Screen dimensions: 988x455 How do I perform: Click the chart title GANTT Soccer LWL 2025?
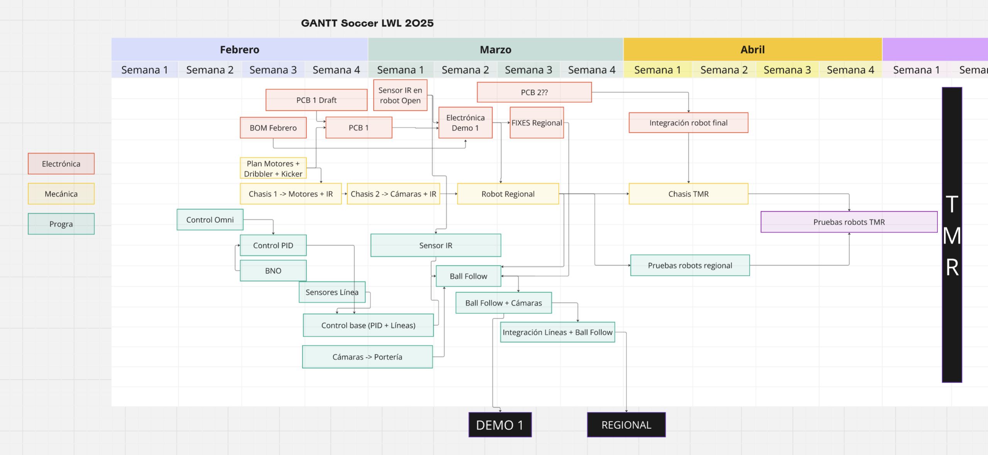coord(367,23)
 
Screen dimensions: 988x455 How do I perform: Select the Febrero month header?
coord(239,49)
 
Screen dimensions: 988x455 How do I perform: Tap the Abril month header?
coord(752,49)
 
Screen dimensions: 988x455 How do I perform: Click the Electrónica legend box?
coord(61,164)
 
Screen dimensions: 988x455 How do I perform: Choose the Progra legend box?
coord(61,224)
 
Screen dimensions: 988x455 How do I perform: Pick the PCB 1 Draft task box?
coord(316,100)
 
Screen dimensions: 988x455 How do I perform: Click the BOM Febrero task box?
coord(273,128)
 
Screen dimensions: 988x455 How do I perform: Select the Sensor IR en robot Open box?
coord(400,95)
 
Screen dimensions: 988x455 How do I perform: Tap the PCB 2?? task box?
coord(534,92)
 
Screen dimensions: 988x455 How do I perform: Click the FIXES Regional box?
coord(536,123)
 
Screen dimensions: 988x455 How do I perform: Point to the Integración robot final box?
coord(688,123)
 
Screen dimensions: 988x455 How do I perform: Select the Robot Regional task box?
coord(508,194)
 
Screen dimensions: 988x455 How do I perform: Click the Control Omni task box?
coord(210,220)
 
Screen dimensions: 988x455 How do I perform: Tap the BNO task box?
coord(273,271)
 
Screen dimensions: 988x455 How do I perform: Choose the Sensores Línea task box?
coord(332,292)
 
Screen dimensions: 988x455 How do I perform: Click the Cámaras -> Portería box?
coord(367,357)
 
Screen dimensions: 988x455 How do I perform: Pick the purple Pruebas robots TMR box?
coord(849,222)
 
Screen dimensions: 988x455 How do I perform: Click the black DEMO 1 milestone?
coord(500,425)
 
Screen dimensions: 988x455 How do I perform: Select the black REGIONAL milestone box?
coord(626,425)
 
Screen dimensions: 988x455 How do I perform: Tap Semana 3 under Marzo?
coord(528,70)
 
